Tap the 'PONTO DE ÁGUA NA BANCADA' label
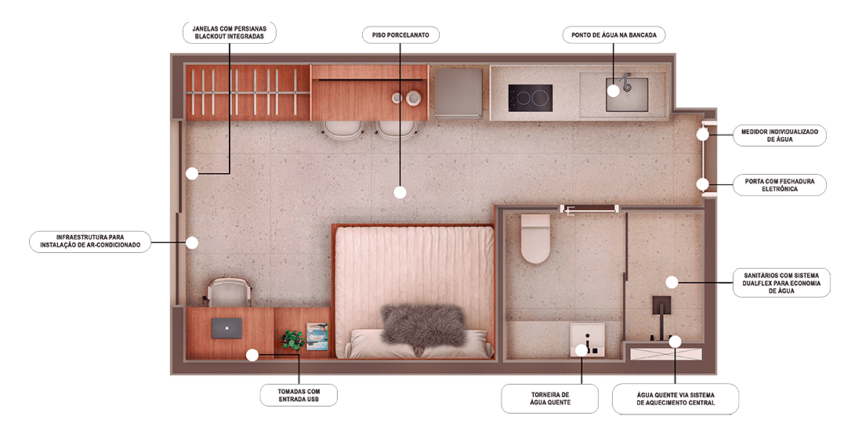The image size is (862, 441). [614, 35]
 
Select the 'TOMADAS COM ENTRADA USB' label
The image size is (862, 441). [299, 396]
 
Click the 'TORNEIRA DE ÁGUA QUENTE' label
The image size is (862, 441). [550, 398]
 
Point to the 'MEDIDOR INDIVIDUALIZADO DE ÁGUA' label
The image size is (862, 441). [780, 136]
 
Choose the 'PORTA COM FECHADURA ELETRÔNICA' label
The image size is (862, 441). [780, 185]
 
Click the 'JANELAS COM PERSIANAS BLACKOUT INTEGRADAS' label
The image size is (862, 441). [230, 32]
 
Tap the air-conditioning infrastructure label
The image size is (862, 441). [90, 241]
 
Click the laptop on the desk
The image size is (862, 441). [227, 328]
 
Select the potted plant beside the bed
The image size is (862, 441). [292, 339]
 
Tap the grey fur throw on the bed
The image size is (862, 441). [423, 326]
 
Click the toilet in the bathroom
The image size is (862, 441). [535, 238]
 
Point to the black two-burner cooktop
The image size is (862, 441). [530, 99]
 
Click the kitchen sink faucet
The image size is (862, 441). [625, 81]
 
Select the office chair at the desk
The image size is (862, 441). [230, 292]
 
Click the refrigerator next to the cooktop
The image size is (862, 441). [459, 92]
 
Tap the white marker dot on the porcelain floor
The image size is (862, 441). [400, 192]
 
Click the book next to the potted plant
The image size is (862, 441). [317, 336]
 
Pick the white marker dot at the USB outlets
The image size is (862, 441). [252, 356]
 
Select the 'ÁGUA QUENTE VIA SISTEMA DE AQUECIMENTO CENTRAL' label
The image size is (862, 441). [675, 399]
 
